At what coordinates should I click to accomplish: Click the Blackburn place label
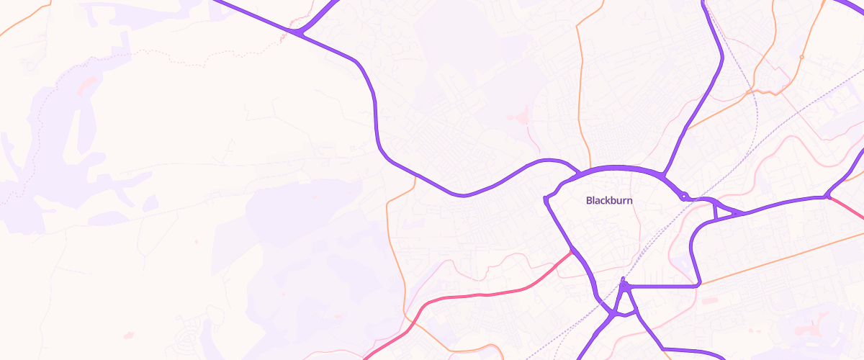609,201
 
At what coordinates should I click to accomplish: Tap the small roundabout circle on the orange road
801,57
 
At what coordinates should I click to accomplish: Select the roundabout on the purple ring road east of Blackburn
683,195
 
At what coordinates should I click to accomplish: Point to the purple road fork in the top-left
297,32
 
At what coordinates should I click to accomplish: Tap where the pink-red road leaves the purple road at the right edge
828,196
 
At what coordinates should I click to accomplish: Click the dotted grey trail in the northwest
144,51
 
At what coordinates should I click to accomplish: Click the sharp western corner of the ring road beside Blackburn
546,199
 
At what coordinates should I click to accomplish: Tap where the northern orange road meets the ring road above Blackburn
590,168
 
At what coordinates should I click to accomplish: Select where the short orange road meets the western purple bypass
415,174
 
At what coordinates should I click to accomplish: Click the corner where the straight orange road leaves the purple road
698,285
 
